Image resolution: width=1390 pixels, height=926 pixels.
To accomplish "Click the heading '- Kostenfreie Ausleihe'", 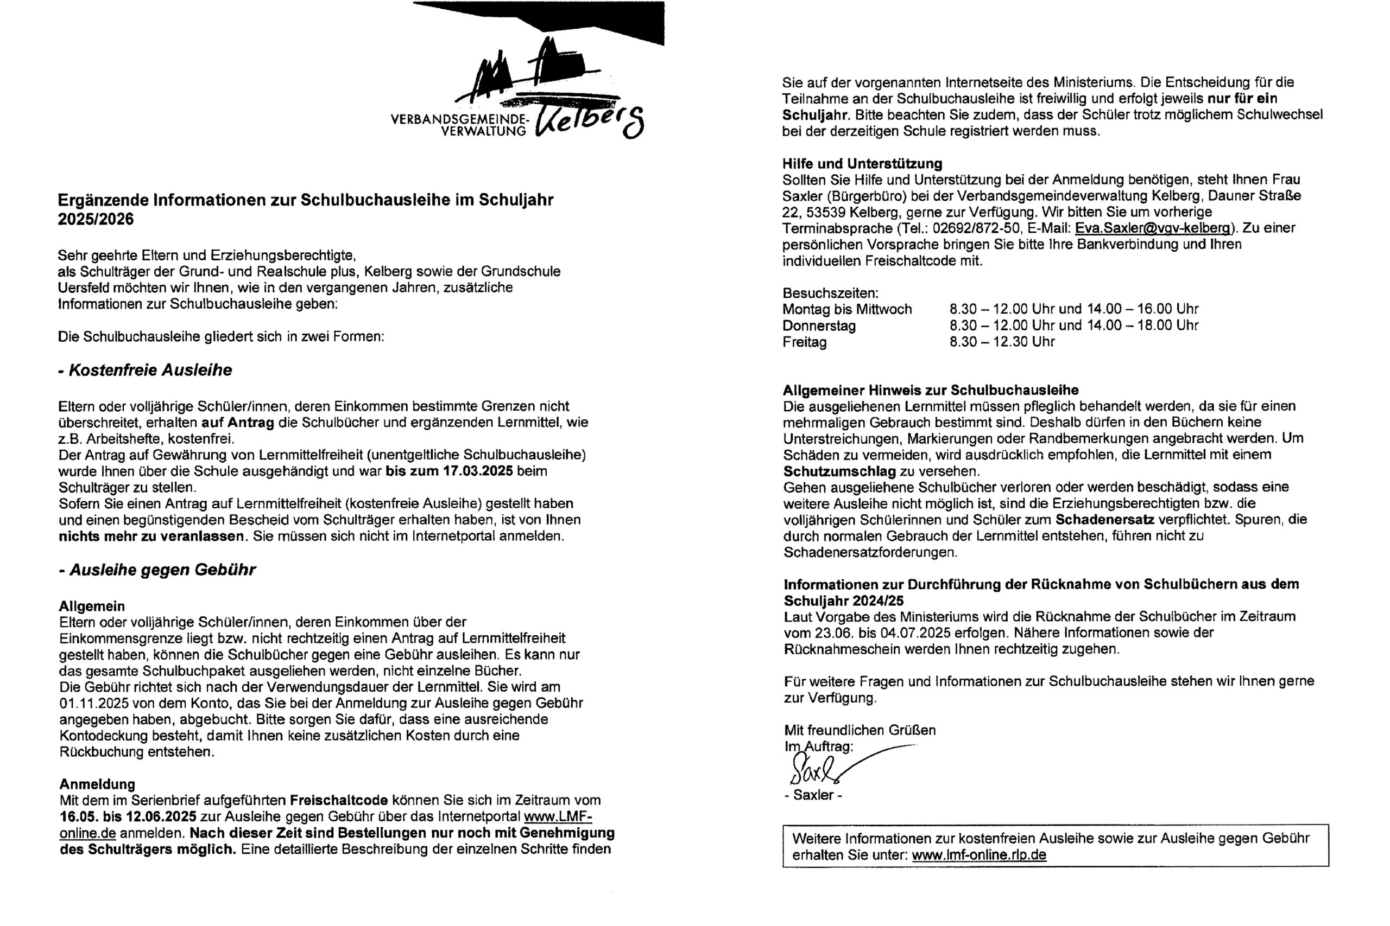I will (146, 371).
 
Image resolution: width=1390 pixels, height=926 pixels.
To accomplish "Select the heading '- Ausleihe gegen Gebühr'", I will (157, 570).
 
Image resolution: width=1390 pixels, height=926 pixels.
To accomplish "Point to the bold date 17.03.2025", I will (477, 471).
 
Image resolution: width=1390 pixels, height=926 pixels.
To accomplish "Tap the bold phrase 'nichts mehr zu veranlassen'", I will (151, 536).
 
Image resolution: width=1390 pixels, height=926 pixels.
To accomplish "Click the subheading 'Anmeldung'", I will (97, 784).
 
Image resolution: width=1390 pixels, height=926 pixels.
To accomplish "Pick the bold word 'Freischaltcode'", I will (339, 800).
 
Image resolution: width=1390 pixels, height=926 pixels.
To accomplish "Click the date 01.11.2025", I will (94, 704).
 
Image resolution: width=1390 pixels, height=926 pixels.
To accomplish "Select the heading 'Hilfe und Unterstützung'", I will (862, 164).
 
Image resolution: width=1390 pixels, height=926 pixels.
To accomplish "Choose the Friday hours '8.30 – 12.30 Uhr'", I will (1002, 342).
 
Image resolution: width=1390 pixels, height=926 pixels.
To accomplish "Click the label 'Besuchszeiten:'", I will (830, 293).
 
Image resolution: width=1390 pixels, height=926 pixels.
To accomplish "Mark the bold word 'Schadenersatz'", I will (1104, 520).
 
